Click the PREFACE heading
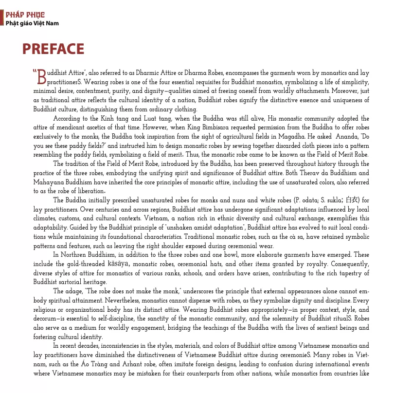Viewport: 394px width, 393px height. tap(53, 50)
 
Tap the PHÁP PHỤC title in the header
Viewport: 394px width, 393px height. tap(25, 15)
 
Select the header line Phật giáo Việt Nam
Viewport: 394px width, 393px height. tap(32, 23)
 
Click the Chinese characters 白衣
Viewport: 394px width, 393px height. tap(352, 200)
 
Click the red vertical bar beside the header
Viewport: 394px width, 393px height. tap(2, 18)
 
